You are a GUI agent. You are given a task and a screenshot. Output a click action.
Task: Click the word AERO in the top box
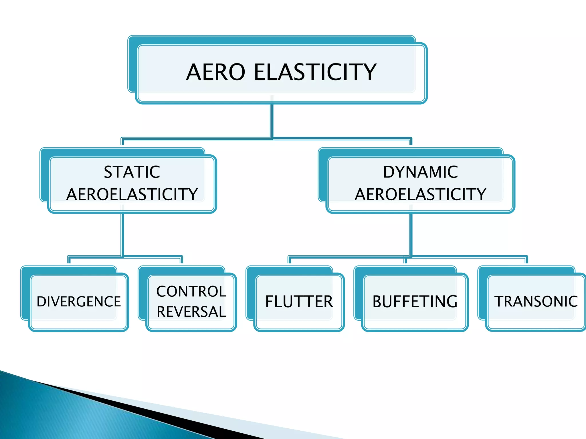pos(215,72)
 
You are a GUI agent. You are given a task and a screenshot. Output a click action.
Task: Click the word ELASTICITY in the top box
pos(315,72)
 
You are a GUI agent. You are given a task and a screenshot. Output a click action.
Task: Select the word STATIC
pos(132,172)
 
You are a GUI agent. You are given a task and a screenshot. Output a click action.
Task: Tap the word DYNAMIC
pos(420,172)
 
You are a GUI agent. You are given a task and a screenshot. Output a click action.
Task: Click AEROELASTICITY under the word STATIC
pos(132,194)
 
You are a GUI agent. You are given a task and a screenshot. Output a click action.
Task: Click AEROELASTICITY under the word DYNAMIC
pos(420,194)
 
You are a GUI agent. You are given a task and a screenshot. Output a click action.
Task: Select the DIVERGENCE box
pos(79,302)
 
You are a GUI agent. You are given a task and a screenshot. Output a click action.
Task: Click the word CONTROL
pos(191,292)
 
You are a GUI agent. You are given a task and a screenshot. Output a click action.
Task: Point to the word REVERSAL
pos(191,312)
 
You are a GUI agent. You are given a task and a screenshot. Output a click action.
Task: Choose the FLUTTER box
pos(299,302)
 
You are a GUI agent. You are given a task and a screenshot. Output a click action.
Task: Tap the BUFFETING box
pos(415,302)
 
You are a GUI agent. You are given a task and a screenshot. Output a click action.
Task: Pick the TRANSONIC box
pos(536,302)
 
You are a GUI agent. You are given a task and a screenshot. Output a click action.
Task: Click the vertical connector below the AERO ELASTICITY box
pos(272,120)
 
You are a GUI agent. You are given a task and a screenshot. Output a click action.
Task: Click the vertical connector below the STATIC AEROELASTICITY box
pos(122,234)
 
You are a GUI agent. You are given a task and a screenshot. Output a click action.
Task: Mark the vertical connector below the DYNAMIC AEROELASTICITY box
pos(411,234)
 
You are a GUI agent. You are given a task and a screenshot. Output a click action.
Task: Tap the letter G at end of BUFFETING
pos(451,302)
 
